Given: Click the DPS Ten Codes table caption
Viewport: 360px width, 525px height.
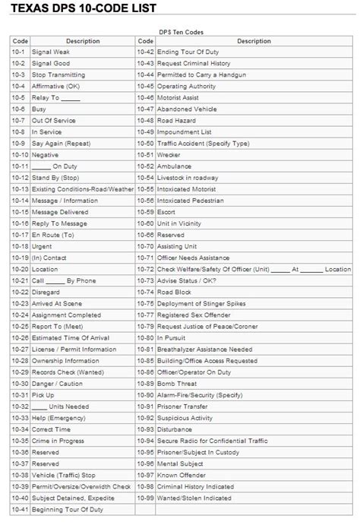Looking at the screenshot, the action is (180, 32).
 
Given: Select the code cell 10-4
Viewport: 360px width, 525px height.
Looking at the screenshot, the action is (19, 87).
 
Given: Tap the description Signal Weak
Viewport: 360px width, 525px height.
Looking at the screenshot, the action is (52, 52).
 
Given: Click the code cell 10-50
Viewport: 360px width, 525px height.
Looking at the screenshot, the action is (146, 144).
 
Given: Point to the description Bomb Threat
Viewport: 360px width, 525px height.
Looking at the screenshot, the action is (177, 383).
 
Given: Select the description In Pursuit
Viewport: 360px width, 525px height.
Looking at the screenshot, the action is (171, 337).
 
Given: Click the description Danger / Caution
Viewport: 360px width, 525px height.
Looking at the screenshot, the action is (58, 383).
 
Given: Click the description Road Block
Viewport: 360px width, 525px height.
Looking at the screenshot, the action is (174, 292).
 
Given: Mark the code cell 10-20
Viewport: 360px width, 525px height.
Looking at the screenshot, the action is (21, 269).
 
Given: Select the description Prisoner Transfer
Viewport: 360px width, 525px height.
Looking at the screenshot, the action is (183, 406).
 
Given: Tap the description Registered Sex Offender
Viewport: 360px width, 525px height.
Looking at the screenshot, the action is (193, 315).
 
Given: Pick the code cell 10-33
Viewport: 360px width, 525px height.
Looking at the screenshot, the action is (21, 417).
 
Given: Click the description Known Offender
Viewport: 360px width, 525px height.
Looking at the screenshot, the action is (182, 474).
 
